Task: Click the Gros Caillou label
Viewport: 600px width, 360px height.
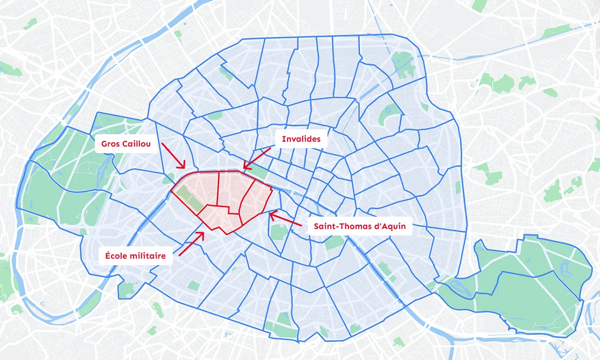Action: tap(126, 144)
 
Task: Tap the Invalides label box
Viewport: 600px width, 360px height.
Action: tap(301, 139)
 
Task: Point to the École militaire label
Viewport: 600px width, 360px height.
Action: tap(135, 256)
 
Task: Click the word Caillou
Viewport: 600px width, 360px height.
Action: tap(137, 144)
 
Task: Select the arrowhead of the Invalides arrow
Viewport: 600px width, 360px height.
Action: tap(244, 168)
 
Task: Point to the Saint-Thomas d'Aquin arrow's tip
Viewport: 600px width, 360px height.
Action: tap(270, 214)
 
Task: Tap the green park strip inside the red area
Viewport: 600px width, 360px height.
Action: tap(189, 198)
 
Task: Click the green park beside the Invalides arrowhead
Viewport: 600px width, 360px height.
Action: tap(261, 172)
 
